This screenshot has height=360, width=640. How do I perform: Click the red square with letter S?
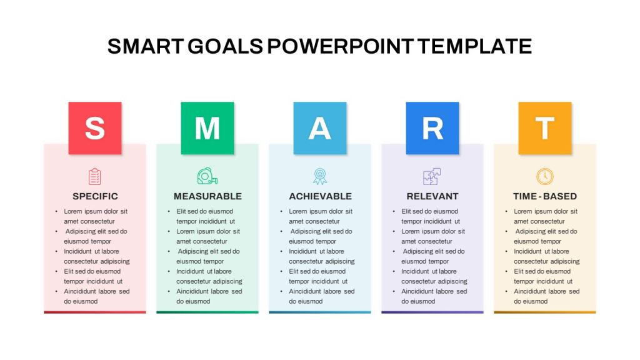pyautogui.click(x=95, y=128)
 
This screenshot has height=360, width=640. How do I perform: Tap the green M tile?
pyautogui.click(x=207, y=128)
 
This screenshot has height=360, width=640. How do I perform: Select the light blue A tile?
pyautogui.click(x=320, y=128)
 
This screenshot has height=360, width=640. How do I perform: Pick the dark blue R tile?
pyautogui.click(x=432, y=128)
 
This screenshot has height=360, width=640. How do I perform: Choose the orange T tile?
pyautogui.click(x=545, y=128)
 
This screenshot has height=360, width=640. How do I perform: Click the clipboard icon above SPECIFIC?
pyautogui.click(x=95, y=177)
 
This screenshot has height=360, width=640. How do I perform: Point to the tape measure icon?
pyautogui.click(x=207, y=176)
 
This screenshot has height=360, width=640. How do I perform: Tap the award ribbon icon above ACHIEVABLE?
pyautogui.click(x=320, y=177)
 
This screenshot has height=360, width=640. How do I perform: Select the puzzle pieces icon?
pyautogui.click(x=432, y=177)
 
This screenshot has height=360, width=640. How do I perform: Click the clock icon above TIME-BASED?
pyautogui.click(x=545, y=177)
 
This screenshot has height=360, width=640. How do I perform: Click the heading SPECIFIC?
pyautogui.click(x=95, y=196)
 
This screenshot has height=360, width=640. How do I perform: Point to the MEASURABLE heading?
pyautogui.click(x=207, y=196)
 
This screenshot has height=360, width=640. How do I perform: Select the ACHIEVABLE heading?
pyautogui.click(x=321, y=196)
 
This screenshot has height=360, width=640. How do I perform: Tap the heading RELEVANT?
pyautogui.click(x=432, y=196)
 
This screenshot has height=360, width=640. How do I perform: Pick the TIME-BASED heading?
pyautogui.click(x=545, y=196)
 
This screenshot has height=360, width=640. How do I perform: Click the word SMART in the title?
pyautogui.click(x=145, y=46)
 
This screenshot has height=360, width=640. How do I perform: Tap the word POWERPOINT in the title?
pyautogui.click(x=341, y=46)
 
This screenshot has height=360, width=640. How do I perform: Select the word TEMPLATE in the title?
pyautogui.click(x=475, y=46)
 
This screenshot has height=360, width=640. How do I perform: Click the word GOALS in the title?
pyautogui.click(x=225, y=46)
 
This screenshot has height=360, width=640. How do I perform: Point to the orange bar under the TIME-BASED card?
pyautogui.click(x=545, y=312)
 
